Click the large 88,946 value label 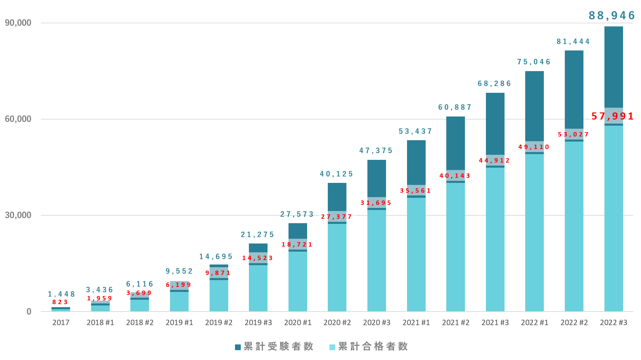[611, 16]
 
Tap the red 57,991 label [612, 117]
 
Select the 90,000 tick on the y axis [18, 23]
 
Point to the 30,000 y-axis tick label [18, 215]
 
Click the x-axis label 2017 [61, 322]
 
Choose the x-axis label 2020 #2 [337, 322]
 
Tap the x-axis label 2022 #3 [614, 322]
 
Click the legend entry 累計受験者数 [274, 346]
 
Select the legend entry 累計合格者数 [369, 346]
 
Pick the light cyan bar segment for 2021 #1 [416, 254]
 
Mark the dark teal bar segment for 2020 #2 [337, 196]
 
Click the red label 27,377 [336, 217]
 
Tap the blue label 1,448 [61, 294]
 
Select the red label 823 [60, 302]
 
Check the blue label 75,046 [534, 62]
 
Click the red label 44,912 [494, 161]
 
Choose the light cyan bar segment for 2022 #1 [534, 234]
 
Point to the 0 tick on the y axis [29, 312]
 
